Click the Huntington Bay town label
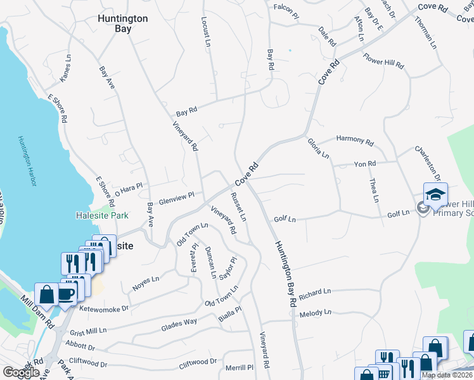pyautogui.click(x=123, y=23)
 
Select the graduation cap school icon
pyautogui.click(x=435, y=194)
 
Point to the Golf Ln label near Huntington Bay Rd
pyautogui.click(x=285, y=219)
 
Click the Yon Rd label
pyautogui.click(x=365, y=164)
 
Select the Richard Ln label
pyautogui.click(x=316, y=293)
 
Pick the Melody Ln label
pyautogui.click(x=316, y=313)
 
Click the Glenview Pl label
pyautogui.click(x=176, y=198)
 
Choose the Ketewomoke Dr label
pyautogui.click(x=104, y=308)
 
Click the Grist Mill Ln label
pyautogui.click(x=89, y=331)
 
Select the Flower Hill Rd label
pyautogui.click(x=383, y=64)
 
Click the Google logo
pyautogui.click(x=21, y=372)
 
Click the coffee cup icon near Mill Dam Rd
pyautogui.click(x=68, y=293)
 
